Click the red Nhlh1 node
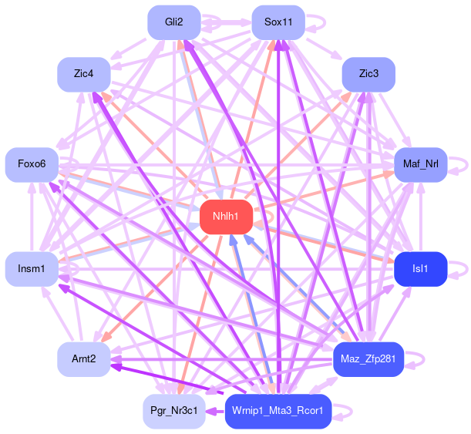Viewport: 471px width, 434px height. [x=227, y=217]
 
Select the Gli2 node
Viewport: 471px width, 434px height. [x=174, y=22]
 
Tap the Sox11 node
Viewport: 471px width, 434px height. [x=278, y=22]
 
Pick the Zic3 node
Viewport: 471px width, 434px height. [x=368, y=74]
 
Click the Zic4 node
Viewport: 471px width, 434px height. [x=83, y=74]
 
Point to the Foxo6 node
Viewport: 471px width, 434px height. [x=32, y=164]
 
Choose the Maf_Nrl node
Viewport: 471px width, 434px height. [x=420, y=164]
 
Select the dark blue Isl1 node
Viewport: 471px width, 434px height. [x=420, y=268]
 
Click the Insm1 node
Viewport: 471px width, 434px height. [x=32, y=268]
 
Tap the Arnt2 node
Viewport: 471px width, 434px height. [x=83, y=359]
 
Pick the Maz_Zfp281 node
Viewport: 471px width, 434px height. [x=368, y=359]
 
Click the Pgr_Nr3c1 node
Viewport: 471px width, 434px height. [x=174, y=411]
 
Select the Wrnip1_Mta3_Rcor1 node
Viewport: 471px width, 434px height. [x=278, y=411]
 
